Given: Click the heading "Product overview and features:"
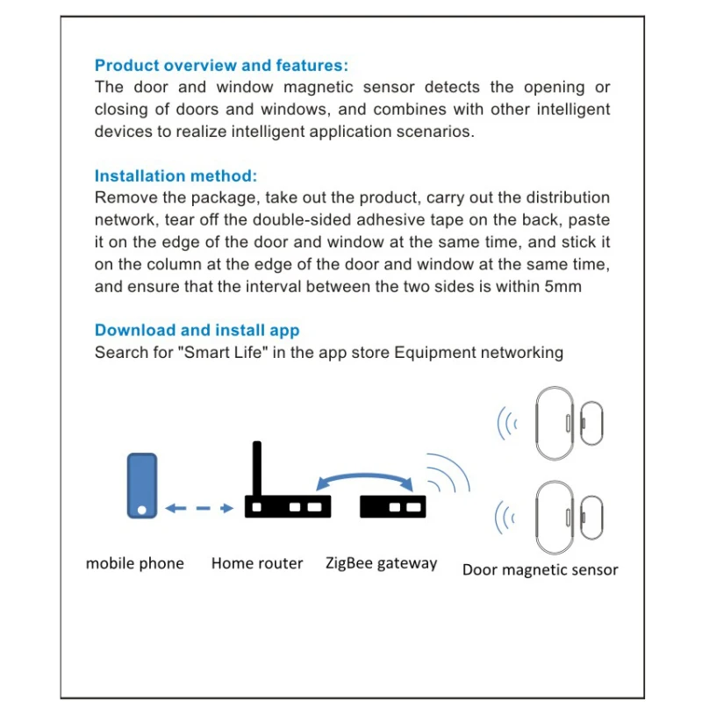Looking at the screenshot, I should [221, 65].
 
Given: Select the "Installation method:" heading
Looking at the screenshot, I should [175, 175].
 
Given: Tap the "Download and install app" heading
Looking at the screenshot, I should [197, 331].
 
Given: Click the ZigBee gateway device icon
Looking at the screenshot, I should [392, 506].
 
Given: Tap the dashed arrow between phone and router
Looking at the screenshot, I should [199, 508].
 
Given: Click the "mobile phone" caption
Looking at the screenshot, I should [134, 563].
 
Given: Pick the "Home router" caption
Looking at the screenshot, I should [256, 563].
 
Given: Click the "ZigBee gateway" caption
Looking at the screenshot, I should [381, 563].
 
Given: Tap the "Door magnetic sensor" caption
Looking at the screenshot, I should [540, 570].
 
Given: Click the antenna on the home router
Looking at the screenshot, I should [257, 469].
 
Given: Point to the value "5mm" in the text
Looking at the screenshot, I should [562, 287].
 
